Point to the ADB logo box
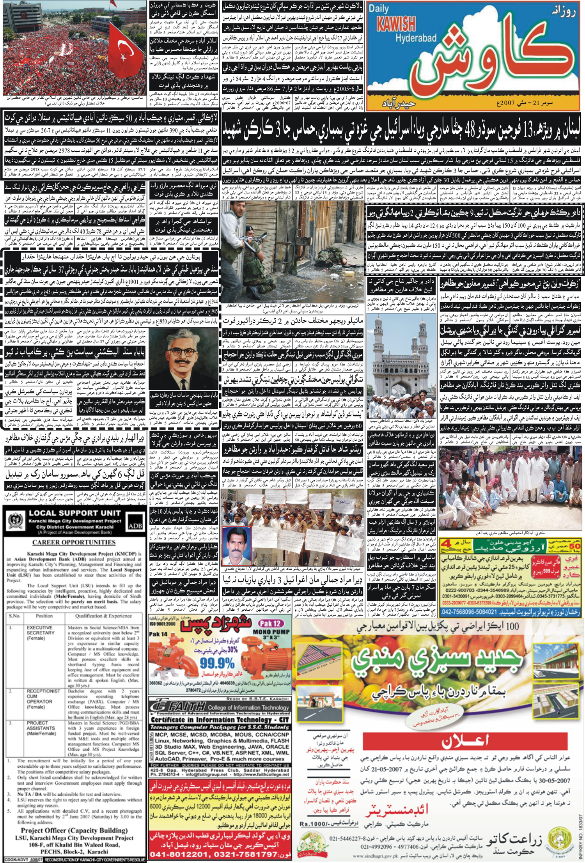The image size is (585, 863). [135, 525]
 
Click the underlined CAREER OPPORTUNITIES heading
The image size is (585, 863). [74, 542]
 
